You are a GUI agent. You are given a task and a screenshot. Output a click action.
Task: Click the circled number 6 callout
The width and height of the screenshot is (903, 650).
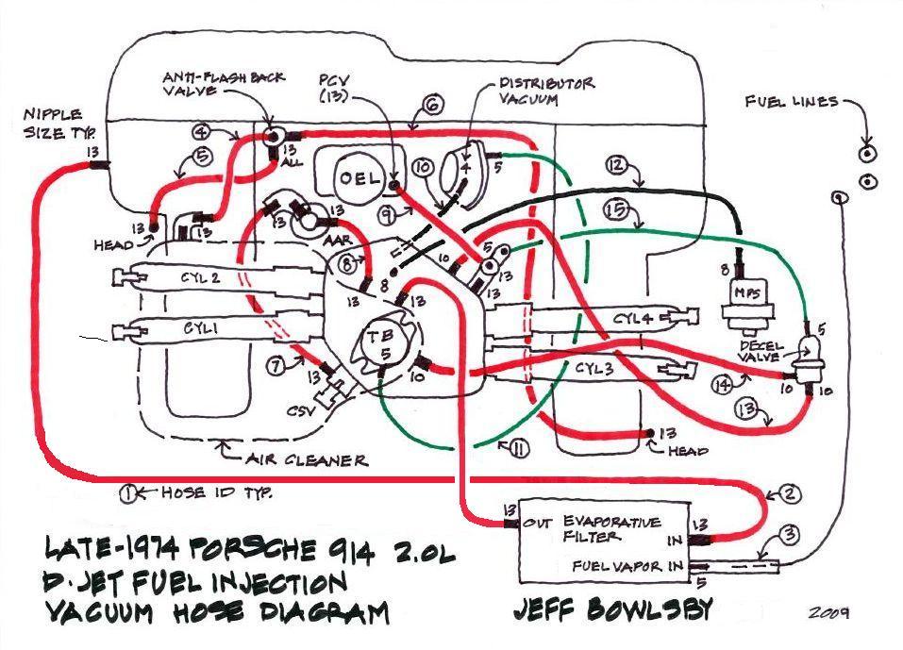(432, 106)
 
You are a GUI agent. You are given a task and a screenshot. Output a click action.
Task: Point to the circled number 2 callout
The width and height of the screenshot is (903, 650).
(790, 493)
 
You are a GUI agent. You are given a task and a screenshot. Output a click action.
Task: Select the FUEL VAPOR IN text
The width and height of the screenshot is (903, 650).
(621, 567)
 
